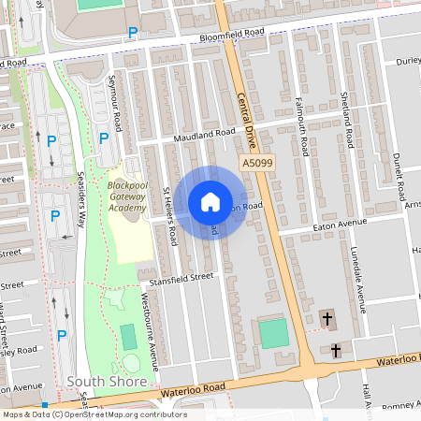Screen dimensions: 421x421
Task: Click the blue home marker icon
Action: pyautogui.click(x=210, y=201)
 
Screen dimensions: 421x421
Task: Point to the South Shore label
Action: pyautogui.click(x=107, y=382)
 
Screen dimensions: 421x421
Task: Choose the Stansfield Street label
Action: pyautogui.click(x=177, y=278)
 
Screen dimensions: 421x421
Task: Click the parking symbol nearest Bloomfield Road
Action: pyautogui.click(x=133, y=34)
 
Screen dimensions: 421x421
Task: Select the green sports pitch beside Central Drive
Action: pyautogui.click(x=273, y=334)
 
